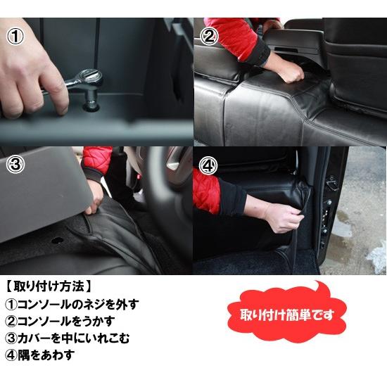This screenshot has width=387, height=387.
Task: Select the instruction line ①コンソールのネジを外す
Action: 72,305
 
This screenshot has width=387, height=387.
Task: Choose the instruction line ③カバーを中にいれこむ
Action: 71,338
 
